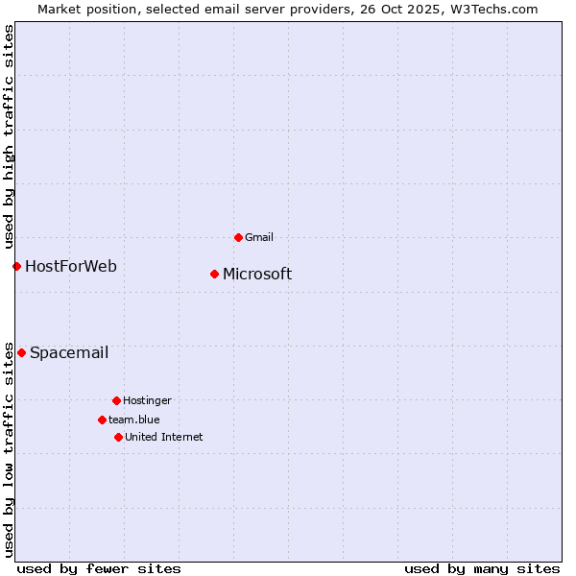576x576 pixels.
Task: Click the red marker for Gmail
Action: click(238, 237)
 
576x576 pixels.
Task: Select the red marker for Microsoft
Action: click(214, 274)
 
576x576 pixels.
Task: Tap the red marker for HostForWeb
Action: click(16, 266)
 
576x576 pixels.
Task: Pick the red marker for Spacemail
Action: click(21, 352)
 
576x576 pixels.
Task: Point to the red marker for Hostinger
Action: click(116, 400)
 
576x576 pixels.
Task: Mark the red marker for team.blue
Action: click(102, 420)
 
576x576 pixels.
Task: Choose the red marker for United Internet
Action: click(118, 437)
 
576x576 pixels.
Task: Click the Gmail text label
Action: click(259, 237)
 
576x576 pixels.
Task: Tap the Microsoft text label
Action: click(257, 275)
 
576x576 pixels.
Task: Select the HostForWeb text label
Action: click(71, 266)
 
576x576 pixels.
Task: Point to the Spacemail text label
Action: click(69, 352)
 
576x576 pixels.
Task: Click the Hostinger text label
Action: click(147, 400)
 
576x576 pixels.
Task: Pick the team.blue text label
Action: click(134, 420)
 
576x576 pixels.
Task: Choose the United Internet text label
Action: click(164, 437)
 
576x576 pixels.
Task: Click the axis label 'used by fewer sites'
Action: click(99, 568)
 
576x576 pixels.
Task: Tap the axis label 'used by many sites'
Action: click(482, 568)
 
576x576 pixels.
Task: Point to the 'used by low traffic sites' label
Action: click(9, 448)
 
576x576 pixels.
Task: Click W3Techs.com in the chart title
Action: click(492, 9)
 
